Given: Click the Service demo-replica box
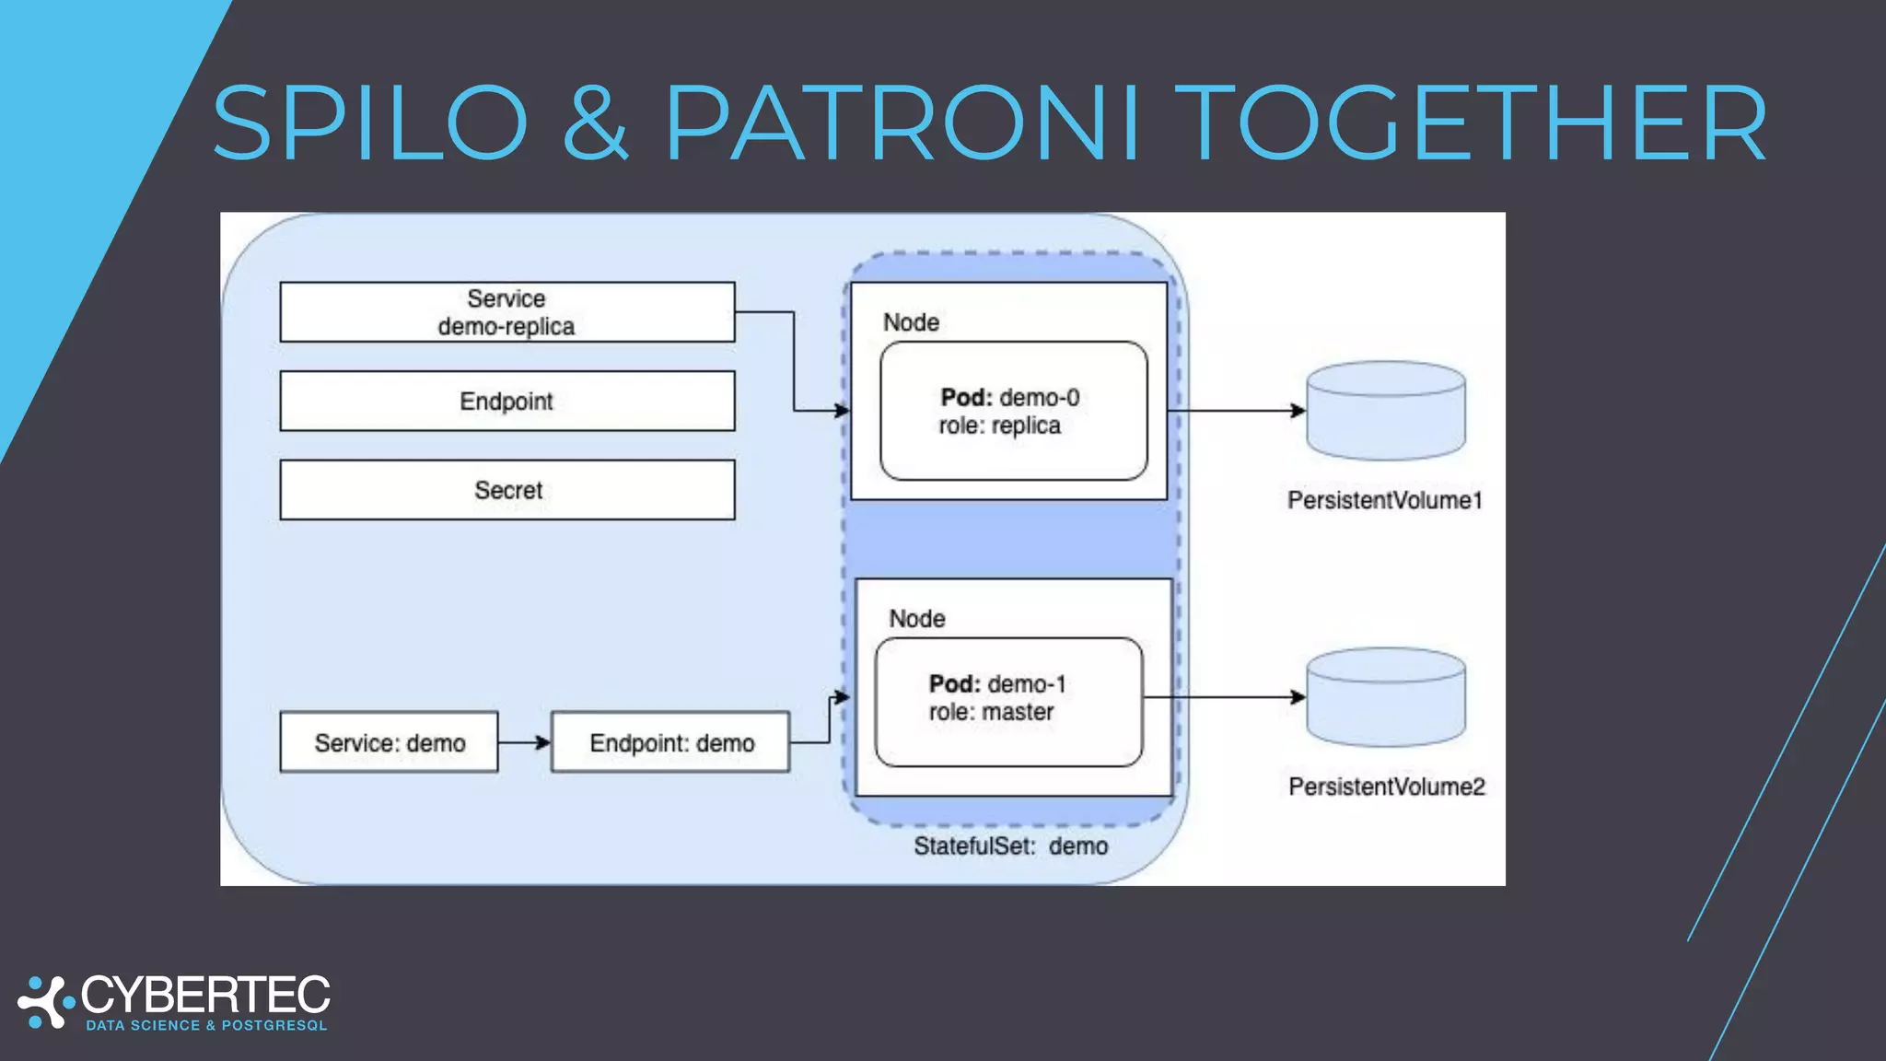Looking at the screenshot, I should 506,312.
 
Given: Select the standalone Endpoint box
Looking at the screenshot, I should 506,401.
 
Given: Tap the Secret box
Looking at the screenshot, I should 506,490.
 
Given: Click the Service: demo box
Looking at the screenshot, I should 389,742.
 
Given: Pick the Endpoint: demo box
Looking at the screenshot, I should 670,742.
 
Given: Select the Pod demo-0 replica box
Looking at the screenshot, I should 1013,411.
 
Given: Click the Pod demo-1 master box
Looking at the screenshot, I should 1008,702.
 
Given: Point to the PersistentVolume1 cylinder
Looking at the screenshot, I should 1386,411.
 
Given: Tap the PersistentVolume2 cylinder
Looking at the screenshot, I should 1386,697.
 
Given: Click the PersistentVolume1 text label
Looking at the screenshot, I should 1384,500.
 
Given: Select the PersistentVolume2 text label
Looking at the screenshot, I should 1386,787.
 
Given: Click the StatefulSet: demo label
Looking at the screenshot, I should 1010,846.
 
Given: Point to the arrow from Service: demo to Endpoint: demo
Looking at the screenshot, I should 524,742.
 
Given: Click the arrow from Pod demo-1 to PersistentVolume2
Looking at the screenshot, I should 1225,697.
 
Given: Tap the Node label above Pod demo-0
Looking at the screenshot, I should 911,322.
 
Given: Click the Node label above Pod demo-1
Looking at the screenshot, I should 916,619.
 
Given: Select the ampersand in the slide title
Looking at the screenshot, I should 595,123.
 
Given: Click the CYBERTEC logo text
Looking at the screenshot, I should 204,996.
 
